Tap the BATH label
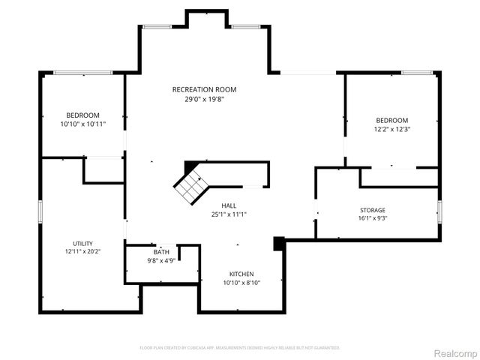point(161,252)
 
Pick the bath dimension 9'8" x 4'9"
point(161,261)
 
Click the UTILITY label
point(82,243)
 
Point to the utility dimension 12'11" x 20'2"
point(82,252)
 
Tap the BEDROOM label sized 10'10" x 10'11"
point(82,115)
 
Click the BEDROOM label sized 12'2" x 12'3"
point(391,120)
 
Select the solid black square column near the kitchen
point(279,243)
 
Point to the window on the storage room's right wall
point(439,211)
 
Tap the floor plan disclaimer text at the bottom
point(240,348)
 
